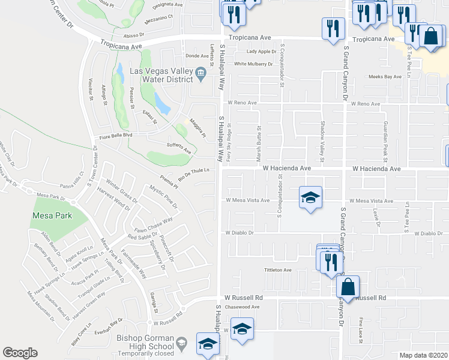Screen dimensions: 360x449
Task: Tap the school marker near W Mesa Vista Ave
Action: (310, 199)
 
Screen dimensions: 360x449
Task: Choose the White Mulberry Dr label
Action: (253, 64)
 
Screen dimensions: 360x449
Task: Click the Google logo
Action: (20, 353)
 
